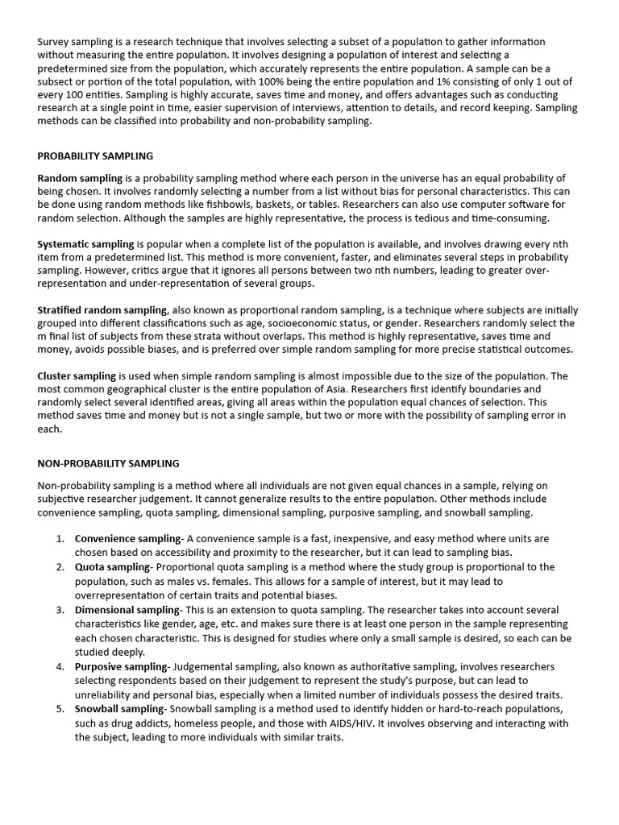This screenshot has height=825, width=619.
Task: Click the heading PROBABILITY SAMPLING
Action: tap(95, 155)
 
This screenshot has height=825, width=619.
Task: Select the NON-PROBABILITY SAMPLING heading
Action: tap(109, 463)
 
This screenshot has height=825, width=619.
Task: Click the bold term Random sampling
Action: tap(80, 177)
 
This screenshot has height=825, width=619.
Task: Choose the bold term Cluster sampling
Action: tap(77, 375)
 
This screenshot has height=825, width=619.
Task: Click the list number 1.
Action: tap(60, 538)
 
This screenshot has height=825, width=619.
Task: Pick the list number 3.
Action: tap(60, 610)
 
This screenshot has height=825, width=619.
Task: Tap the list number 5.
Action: tap(60, 708)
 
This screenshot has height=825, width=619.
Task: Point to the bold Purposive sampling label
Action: tap(121, 666)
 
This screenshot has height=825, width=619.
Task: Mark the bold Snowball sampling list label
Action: tap(120, 708)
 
